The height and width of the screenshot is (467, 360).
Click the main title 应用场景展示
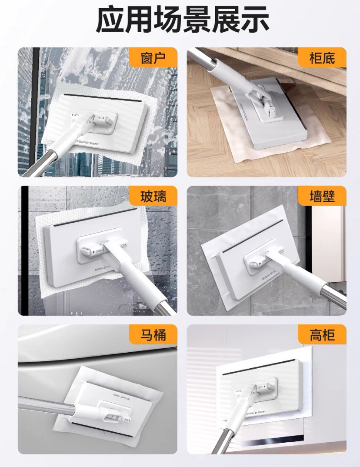coord(180,20)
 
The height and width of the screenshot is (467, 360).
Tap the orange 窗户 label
coord(153,58)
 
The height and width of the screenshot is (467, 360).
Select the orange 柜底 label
coord(322,58)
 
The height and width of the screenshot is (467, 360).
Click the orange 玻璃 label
coord(153,197)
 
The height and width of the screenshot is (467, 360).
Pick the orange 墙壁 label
coord(322,197)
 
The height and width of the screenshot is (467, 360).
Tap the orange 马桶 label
coord(153,335)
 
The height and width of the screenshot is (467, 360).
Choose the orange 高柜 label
coord(322,335)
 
